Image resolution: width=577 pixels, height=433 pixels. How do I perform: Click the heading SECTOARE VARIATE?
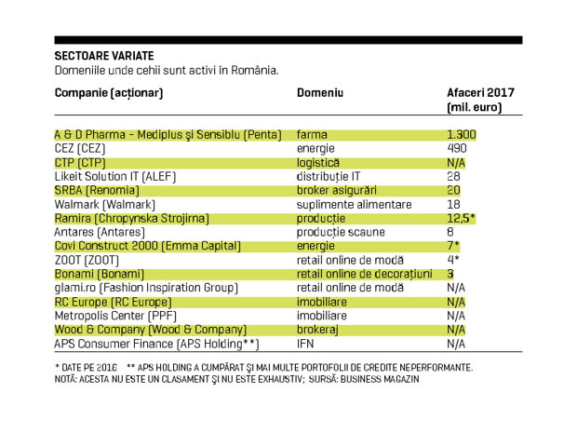point(104,56)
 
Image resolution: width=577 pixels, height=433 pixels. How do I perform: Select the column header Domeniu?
point(320,93)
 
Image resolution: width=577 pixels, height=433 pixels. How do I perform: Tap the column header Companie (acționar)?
point(109,93)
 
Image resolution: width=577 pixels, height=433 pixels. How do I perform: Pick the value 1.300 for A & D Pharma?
point(462,135)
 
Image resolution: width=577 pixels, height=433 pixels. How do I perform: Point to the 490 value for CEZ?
point(457,148)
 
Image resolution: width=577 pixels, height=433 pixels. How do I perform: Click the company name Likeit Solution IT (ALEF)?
point(115,177)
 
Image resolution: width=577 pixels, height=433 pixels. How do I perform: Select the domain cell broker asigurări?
point(337,190)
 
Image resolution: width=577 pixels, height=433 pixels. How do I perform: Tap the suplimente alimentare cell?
point(354,204)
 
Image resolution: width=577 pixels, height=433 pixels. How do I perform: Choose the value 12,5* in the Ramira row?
point(461,218)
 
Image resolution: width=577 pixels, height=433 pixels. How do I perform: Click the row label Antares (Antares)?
point(100,233)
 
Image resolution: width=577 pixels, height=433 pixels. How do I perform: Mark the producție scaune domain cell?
point(341,233)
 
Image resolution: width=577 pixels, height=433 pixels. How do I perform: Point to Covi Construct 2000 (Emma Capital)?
point(148,246)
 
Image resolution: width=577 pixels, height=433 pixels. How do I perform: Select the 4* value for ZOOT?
point(453,260)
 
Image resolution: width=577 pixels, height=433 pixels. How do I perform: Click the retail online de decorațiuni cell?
point(364,275)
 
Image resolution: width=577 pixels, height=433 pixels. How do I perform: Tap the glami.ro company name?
point(75,289)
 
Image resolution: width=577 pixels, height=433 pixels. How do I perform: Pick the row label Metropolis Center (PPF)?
point(115,316)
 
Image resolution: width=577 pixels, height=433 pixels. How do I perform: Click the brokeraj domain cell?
point(317,330)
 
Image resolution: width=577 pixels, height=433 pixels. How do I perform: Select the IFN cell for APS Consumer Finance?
point(305,344)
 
